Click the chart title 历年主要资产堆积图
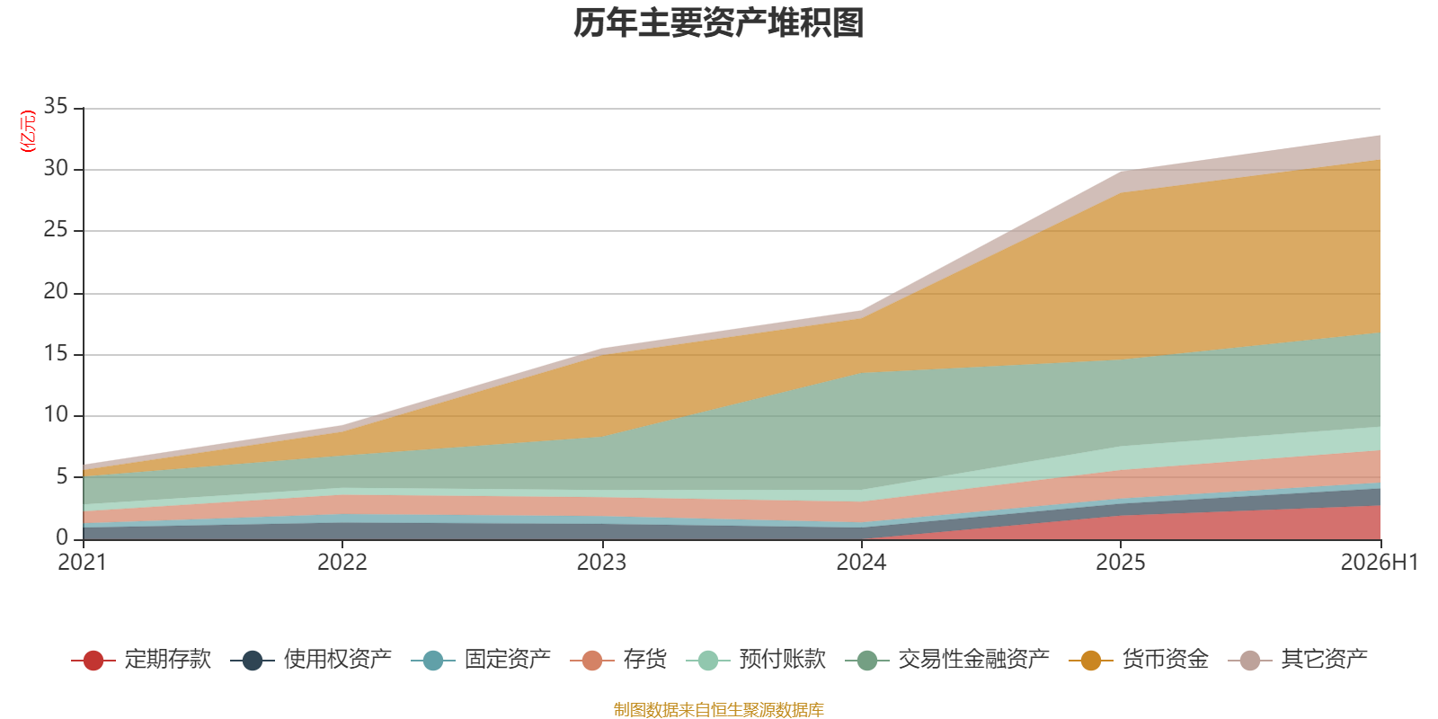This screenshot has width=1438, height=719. click(x=718, y=23)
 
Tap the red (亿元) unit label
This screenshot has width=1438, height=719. click(x=28, y=131)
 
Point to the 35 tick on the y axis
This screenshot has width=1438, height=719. click(x=56, y=107)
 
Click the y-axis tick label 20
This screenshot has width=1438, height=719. click(x=56, y=292)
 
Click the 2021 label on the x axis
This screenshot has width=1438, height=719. click(x=82, y=563)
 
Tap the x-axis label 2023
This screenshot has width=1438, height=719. click(x=601, y=563)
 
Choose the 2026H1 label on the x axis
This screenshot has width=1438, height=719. click(x=1379, y=563)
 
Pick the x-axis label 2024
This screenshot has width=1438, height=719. click(x=861, y=563)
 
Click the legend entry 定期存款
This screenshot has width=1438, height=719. click(x=141, y=660)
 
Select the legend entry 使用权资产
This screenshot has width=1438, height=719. click(x=311, y=660)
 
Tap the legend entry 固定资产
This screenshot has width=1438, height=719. click(x=481, y=660)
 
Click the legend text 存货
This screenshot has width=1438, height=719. click(x=645, y=660)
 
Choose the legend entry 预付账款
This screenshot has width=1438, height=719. click(x=756, y=660)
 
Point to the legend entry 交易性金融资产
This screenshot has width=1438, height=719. click(x=947, y=660)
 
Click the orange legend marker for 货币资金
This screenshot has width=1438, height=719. click(x=1091, y=660)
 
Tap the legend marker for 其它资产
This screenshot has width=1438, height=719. click(x=1249, y=660)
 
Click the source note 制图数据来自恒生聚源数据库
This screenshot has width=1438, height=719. click(x=718, y=709)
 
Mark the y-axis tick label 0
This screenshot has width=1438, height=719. click(x=62, y=537)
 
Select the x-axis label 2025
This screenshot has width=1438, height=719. click(x=1120, y=563)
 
